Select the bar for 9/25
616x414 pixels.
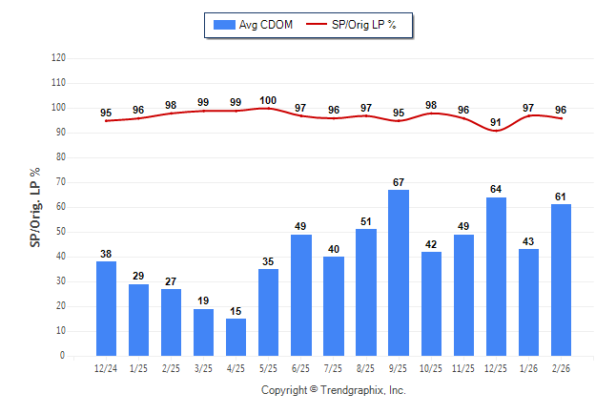(x=399, y=273)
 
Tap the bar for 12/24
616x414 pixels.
(x=106, y=308)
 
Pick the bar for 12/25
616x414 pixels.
(x=496, y=277)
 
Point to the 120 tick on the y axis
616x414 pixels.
(x=59, y=58)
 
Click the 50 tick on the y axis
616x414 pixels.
(x=61, y=232)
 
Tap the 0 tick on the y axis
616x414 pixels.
(x=63, y=356)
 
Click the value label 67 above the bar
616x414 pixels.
(x=399, y=182)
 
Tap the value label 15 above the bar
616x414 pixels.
(x=236, y=311)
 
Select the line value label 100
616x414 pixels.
(x=268, y=101)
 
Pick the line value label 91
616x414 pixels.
(x=496, y=122)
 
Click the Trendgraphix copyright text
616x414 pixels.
(x=334, y=390)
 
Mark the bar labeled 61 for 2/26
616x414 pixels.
(x=562, y=280)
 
